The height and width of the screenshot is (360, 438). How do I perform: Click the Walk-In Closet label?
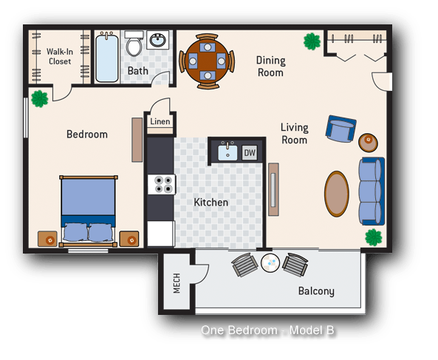click(x=59, y=56)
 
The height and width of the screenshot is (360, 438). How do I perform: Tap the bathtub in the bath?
click(x=107, y=57)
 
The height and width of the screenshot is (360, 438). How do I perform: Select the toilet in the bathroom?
click(x=134, y=44)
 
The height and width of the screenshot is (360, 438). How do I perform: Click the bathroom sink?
click(x=158, y=40)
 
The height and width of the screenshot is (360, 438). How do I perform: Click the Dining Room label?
click(x=270, y=67)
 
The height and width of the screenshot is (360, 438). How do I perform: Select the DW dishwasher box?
click(x=250, y=153)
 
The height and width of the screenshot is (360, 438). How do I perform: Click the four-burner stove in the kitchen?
click(x=160, y=185)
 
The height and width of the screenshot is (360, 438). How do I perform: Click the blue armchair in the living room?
click(x=340, y=130)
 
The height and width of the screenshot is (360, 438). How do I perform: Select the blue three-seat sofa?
click(x=371, y=190)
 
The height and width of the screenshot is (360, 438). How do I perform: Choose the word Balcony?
click(x=316, y=291)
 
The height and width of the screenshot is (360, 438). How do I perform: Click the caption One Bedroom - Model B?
click(x=273, y=330)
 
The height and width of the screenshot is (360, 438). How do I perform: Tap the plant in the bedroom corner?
click(x=39, y=97)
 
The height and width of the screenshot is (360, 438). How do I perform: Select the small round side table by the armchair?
click(x=367, y=140)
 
